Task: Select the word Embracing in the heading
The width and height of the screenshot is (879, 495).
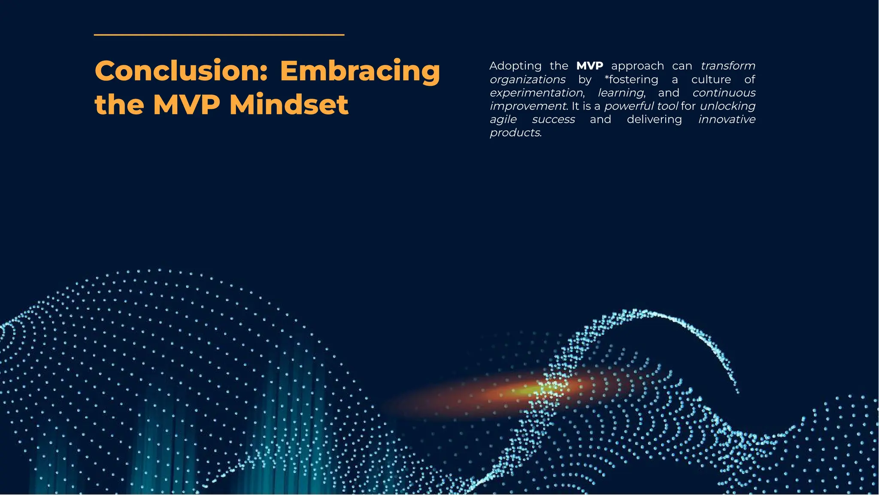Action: [x=360, y=71]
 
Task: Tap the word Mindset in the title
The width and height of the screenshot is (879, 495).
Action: [x=289, y=105]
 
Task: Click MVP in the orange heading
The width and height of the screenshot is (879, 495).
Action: [x=186, y=105]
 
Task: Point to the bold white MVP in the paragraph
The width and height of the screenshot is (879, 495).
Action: [x=589, y=66]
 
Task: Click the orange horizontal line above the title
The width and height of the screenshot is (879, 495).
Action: [x=219, y=35]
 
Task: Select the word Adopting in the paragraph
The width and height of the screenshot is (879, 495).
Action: [x=515, y=66]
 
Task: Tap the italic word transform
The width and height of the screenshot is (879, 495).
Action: [x=727, y=66]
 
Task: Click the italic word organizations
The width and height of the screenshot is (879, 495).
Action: [x=527, y=80]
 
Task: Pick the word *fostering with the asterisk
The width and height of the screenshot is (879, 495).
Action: [x=631, y=80]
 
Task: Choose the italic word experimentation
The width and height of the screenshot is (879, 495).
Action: [x=536, y=93]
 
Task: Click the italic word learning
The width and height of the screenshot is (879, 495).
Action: [x=621, y=93]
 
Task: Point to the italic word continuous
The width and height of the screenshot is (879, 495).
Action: [x=724, y=93]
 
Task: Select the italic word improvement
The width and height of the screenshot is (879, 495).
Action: [x=528, y=106]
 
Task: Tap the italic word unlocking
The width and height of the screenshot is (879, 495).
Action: [x=727, y=106]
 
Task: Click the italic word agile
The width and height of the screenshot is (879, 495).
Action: [x=503, y=120]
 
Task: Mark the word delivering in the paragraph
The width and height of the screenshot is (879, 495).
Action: [x=654, y=119]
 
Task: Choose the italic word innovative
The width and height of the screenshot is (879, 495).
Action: [x=727, y=119]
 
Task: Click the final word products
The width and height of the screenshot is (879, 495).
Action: [x=515, y=133]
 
